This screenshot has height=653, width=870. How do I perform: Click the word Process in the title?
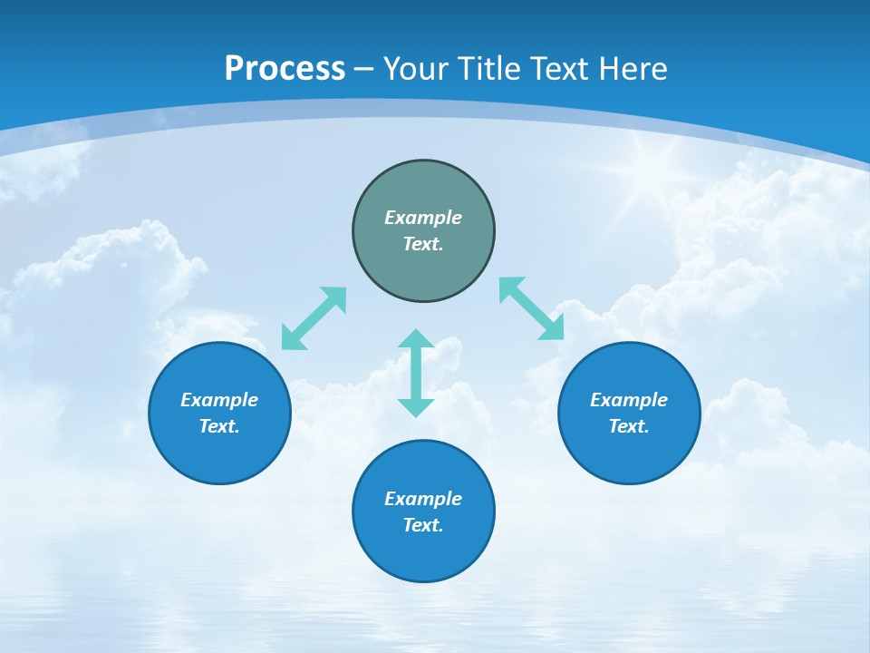tap(285, 69)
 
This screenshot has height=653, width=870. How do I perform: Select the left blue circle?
tap(219, 453)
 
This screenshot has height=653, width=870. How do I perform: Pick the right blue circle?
tap(629, 453)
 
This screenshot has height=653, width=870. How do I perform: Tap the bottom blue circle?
tap(423, 553)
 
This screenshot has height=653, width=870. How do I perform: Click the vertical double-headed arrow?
tap(416, 373)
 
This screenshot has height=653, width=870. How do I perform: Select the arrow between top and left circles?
tap(314, 318)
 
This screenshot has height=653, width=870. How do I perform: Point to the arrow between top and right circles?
tap(532, 308)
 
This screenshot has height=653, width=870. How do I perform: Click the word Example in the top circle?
tap(423, 218)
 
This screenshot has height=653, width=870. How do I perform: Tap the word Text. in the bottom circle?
tap(423, 525)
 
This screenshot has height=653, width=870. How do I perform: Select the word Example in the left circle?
tap(219, 400)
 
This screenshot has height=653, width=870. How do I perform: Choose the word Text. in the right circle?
tap(629, 426)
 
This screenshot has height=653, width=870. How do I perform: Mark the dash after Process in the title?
tap(363, 69)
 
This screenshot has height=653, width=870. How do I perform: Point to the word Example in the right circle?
tap(629, 400)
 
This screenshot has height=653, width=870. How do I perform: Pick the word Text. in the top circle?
tap(423, 244)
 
